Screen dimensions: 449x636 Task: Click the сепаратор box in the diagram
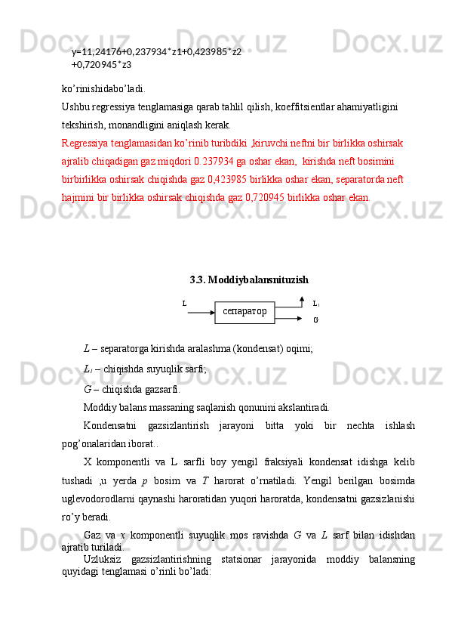[244, 312]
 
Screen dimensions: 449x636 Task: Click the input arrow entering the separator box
[201, 311]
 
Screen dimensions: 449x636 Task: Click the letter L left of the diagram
[184, 304]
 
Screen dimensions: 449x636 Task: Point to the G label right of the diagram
[315, 320]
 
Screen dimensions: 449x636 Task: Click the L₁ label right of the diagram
[316, 304]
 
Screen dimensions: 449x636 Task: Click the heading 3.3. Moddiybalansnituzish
[249, 279]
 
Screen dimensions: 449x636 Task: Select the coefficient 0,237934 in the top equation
[149, 51]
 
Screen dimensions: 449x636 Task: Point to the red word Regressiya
[85, 142]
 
